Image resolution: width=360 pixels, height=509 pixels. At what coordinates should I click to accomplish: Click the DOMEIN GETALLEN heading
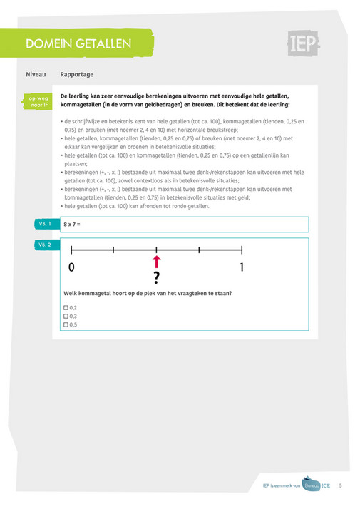(78, 43)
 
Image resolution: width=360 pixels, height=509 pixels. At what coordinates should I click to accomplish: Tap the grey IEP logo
(304, 43)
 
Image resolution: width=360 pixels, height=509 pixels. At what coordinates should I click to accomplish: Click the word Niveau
(36, 74)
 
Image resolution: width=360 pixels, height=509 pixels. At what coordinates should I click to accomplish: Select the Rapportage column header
(77, 74)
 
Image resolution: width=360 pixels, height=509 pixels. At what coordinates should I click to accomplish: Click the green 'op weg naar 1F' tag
(38, 101)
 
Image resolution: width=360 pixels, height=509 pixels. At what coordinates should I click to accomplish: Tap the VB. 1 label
(45, 224)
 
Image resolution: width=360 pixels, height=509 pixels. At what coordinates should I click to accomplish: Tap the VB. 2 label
(45, 245)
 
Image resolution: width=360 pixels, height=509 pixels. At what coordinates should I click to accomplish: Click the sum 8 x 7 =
(72, 225)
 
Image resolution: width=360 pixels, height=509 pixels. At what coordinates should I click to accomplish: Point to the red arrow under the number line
(156, 262)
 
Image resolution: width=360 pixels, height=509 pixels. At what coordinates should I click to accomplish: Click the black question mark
(156, 277)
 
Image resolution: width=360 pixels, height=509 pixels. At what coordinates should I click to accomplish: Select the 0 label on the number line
(71, 267)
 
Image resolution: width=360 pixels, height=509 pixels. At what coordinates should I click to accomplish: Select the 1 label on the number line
(242, 267)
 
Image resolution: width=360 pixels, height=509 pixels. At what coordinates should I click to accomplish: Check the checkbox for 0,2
(66, 308)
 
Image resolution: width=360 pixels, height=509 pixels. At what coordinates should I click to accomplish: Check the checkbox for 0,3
(66, 317)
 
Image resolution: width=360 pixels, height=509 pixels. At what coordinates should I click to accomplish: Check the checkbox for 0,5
(66, 324)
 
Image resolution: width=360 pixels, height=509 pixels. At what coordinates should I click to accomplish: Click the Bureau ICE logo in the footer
(312, 484)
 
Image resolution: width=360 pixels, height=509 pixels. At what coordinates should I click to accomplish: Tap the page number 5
(340, 485)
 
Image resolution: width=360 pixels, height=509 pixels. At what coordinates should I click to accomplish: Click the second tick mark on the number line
(113, 250)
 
